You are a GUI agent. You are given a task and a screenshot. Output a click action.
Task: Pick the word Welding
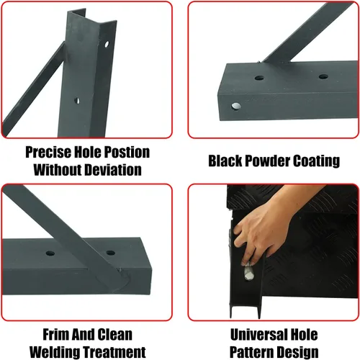tap(54, 352)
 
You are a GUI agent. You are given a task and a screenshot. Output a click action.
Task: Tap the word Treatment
tap(114, 352)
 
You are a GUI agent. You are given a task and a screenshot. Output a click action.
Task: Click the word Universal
tap(258, 335)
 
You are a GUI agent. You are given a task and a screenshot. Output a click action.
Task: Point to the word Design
tap(299, 353)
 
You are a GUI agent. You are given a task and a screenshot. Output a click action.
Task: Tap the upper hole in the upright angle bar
tap(107, 44)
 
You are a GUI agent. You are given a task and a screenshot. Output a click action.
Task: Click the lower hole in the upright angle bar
tap(77, 101)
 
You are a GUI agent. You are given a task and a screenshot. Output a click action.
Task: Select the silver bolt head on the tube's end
tap(236, 106)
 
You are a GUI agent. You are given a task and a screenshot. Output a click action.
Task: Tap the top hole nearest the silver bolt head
tap(259, 78)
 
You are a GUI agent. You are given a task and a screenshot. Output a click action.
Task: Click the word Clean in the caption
tap(115, 335)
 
